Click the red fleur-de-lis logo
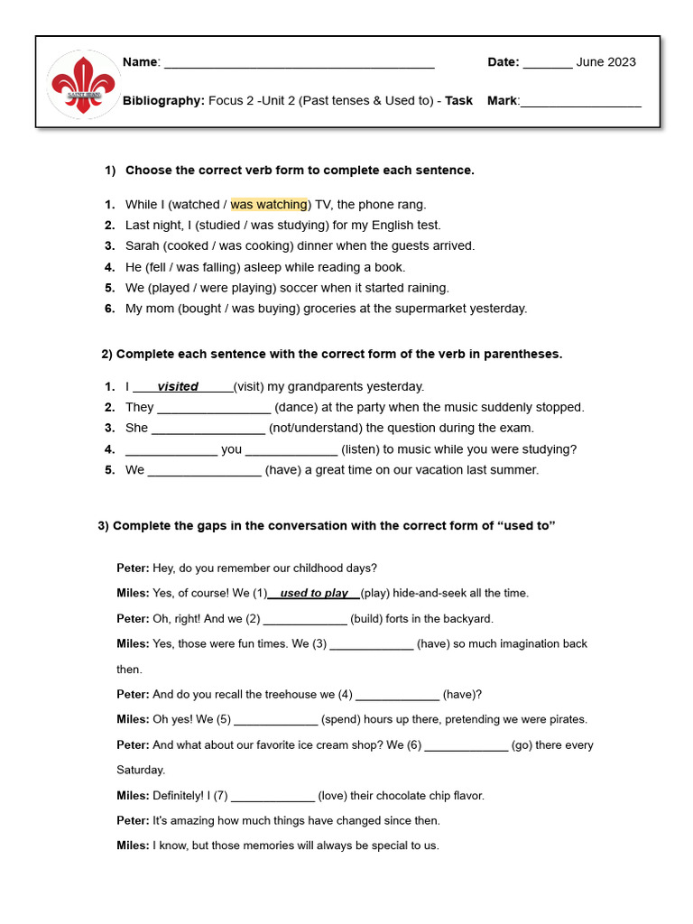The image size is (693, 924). tap(84, 82)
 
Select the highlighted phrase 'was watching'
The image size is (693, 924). tap(269, 205)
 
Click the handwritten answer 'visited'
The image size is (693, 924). tap(178, 387)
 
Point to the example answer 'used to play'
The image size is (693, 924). tap(313, 594)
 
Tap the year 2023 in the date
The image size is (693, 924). tap(620, 62)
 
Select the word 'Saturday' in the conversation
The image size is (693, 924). tap(141, 771)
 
